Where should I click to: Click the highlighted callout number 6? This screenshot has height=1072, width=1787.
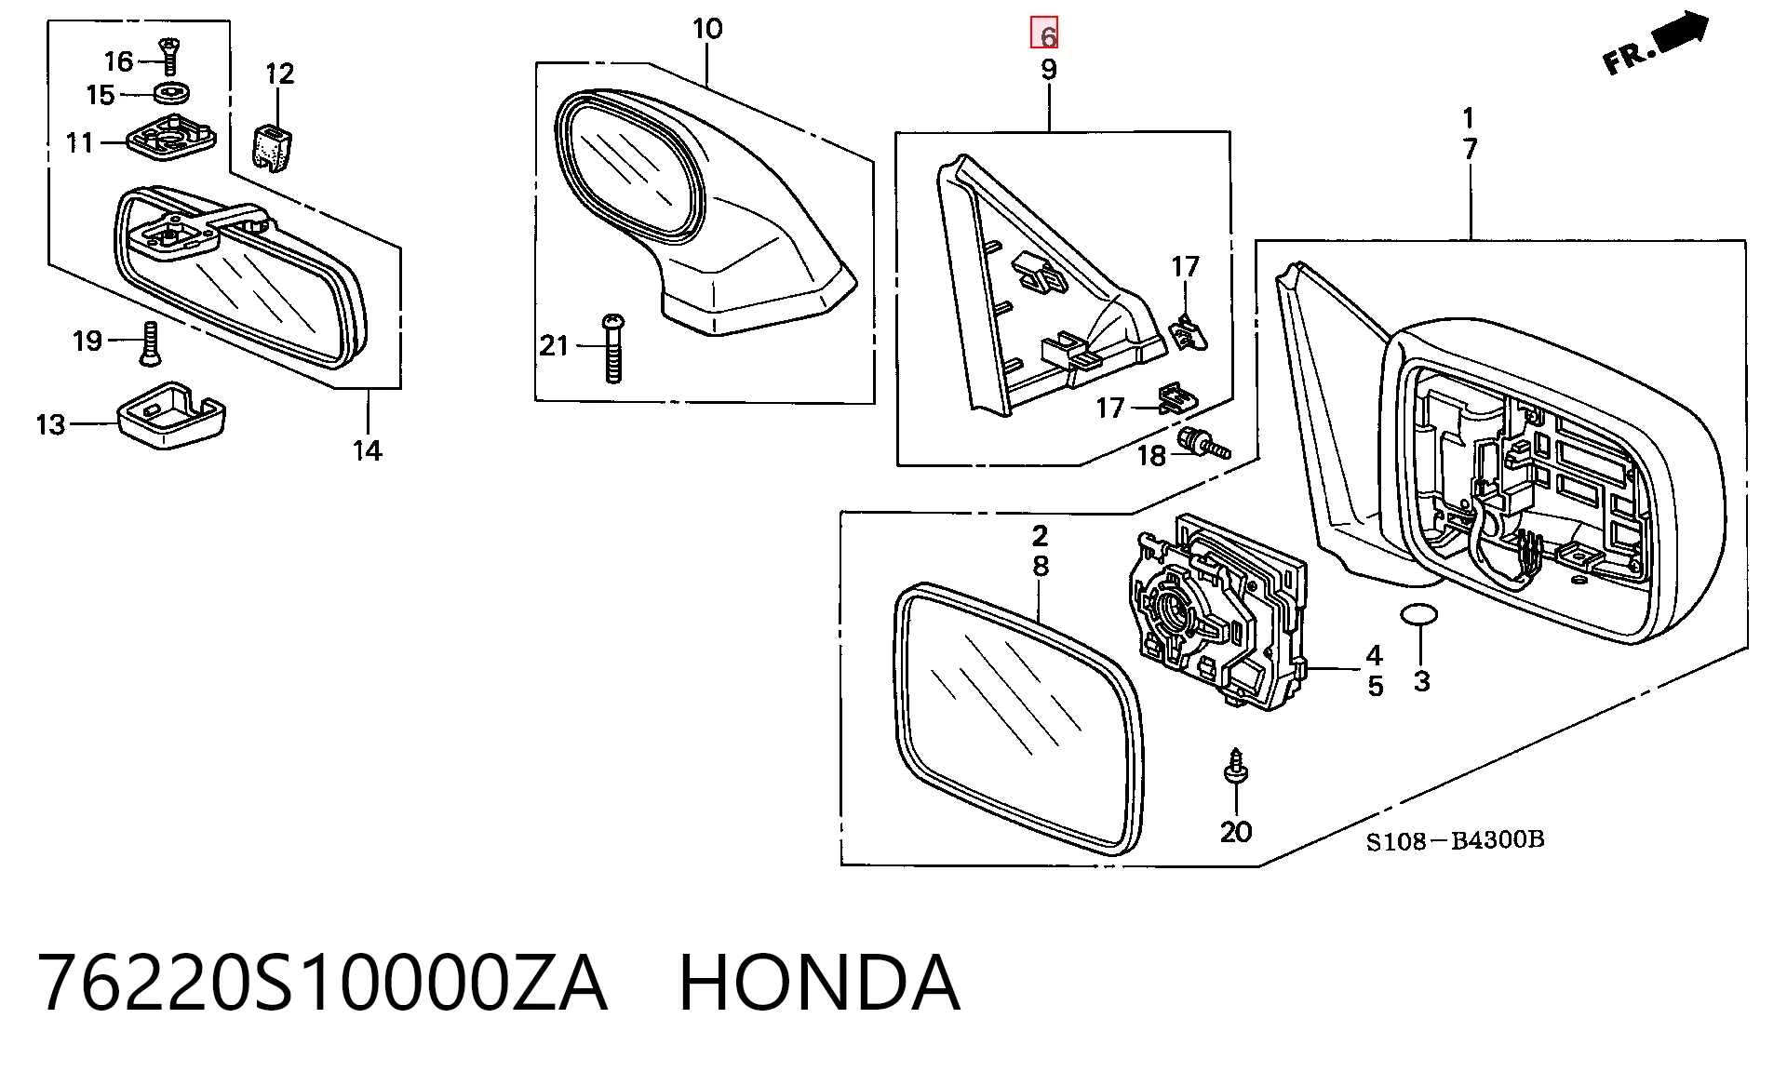click(1044, 33)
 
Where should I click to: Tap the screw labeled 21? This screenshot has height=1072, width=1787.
click(612, 349)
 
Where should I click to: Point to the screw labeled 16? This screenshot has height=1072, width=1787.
click(169, 56)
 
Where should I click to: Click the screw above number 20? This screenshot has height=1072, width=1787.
click(1235, 767)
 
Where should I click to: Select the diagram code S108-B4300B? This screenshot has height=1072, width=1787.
click(1455, 840)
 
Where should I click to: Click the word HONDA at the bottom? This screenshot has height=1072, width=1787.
click(819, 982)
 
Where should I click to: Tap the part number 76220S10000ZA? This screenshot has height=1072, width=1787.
click(322, 982)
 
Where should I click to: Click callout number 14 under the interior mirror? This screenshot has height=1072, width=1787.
click(367, 450)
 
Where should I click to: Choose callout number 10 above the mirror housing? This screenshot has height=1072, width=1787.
click(707, 29)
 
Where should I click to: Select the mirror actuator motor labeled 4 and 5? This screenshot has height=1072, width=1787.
click(1217, 610)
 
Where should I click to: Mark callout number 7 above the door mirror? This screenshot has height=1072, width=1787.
click(1470, 148)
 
